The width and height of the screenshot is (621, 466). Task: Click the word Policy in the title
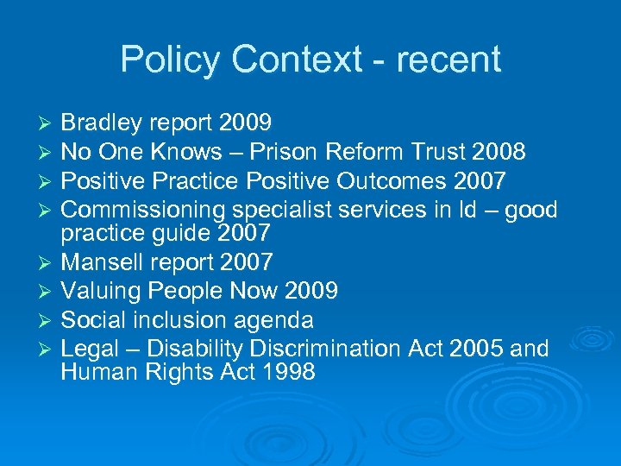[171, 60]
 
